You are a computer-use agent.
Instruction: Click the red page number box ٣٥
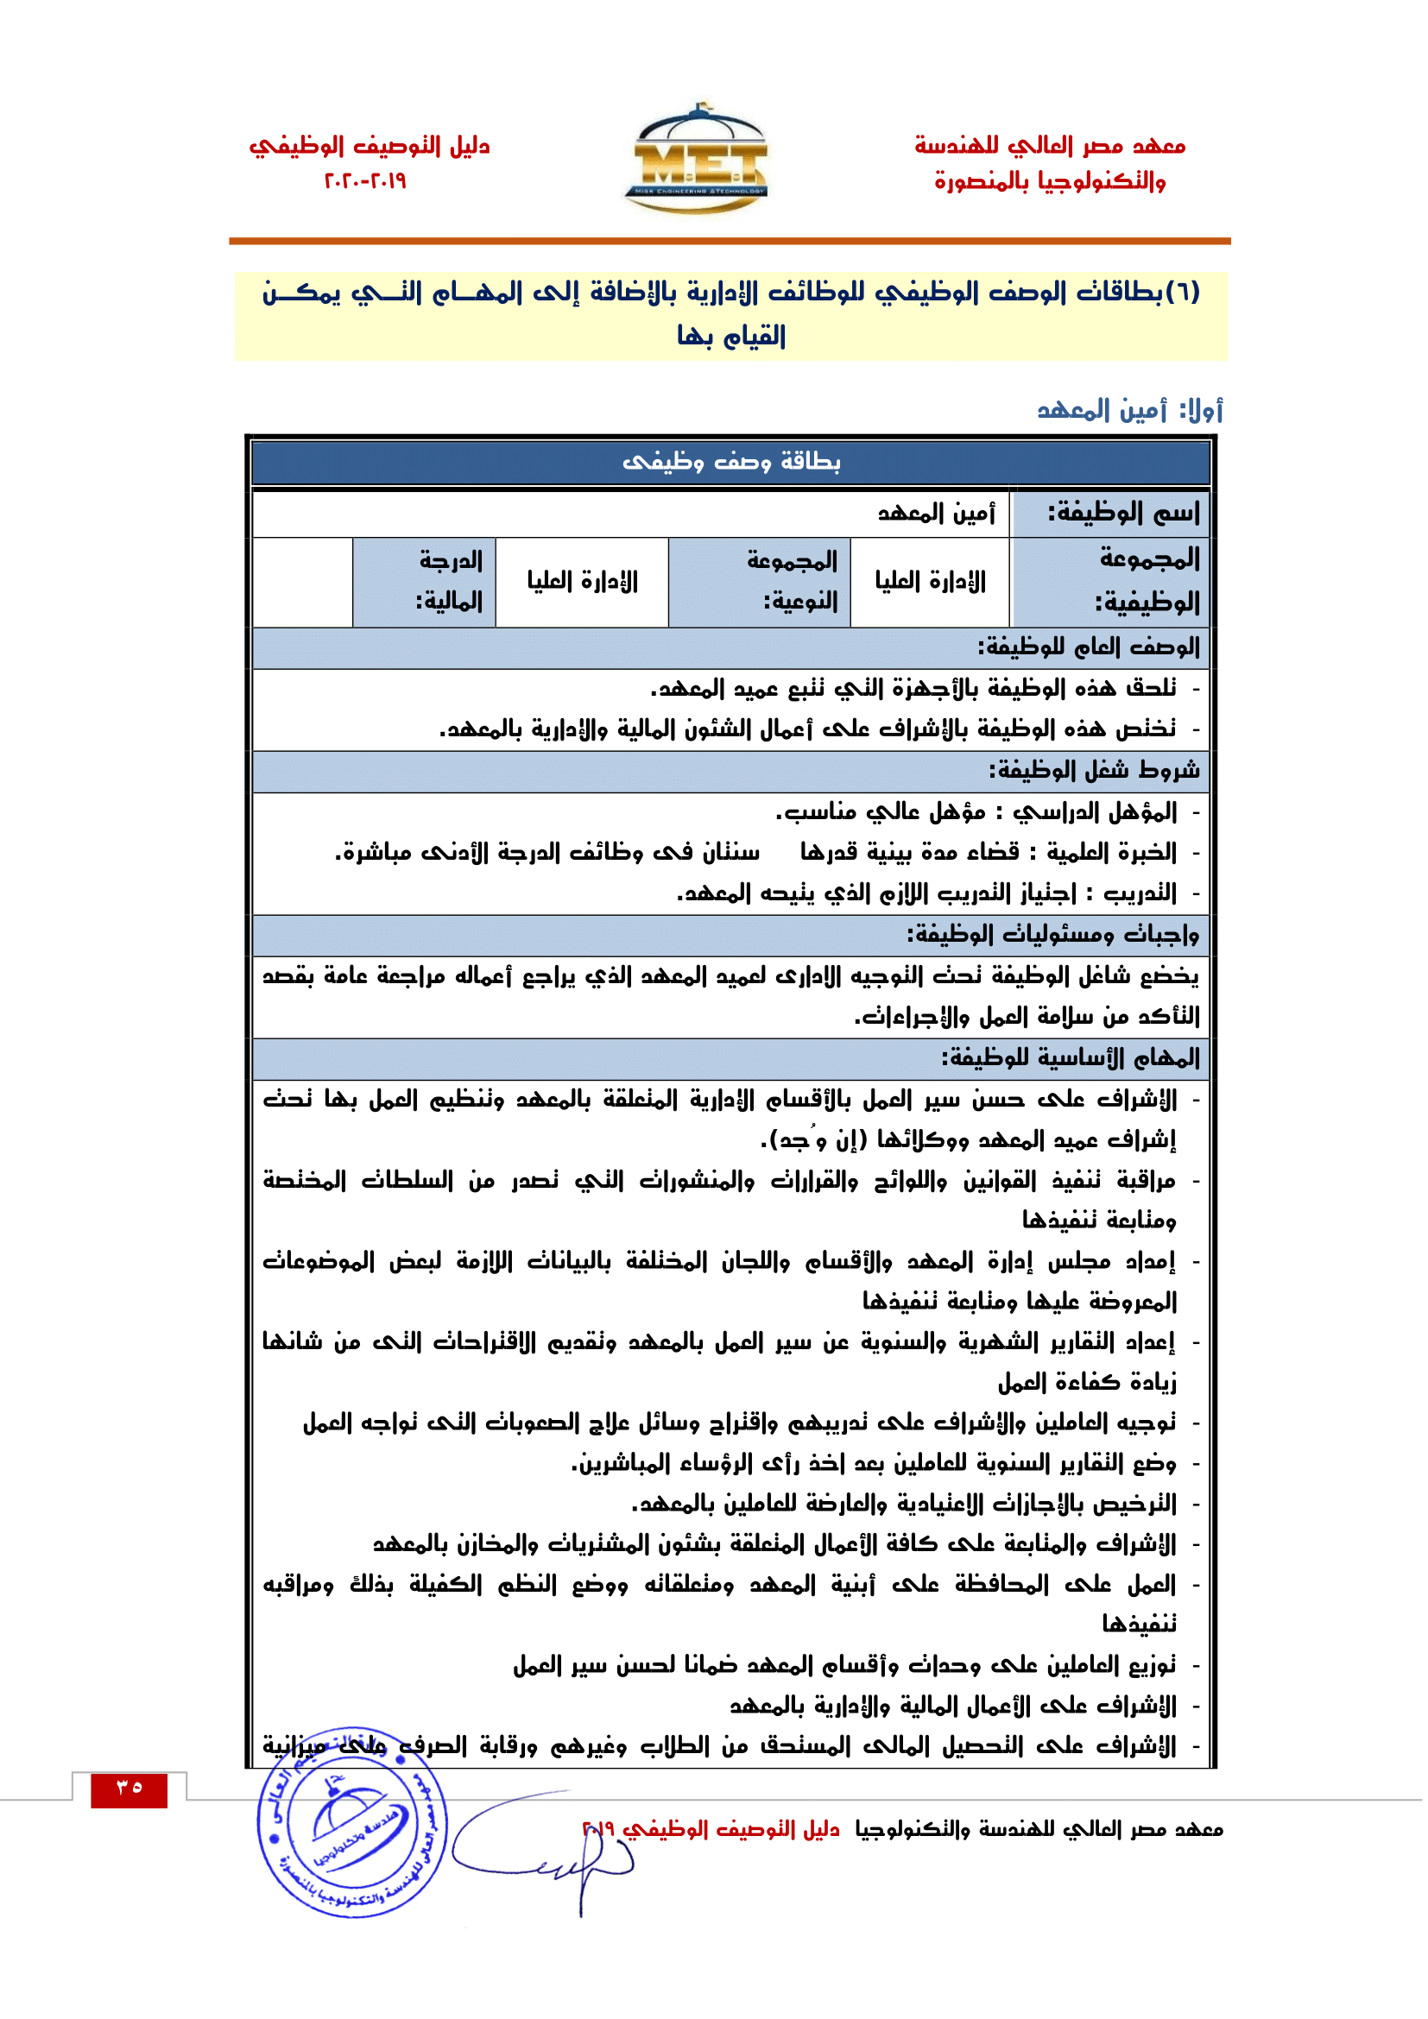[x=129, y=1789]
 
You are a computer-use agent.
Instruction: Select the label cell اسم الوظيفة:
[x=1110, y=514]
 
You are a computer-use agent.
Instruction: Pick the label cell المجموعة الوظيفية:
[x=1110, y=581]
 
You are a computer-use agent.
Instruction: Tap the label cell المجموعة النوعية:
[x=760, y=581]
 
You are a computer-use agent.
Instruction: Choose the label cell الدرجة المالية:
[x=425, y=581]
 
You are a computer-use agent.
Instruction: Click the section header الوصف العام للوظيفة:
[x=1089, y=648]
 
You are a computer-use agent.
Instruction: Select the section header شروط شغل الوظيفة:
[x=1094, y=771]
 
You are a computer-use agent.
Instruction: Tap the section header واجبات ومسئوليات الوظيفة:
[x=1053, y=935]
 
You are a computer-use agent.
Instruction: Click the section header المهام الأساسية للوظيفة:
[x=1071, y=1058]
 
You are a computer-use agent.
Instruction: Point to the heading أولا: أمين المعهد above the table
[x=1129, y=411]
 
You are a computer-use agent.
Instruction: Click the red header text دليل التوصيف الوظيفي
[x=370, y=146]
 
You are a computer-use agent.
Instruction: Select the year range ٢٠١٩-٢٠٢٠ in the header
[x=365, y=181]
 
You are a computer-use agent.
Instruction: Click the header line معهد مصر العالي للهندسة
[x=1050, y=146]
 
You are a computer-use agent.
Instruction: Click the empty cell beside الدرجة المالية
[x=302, y=582]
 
